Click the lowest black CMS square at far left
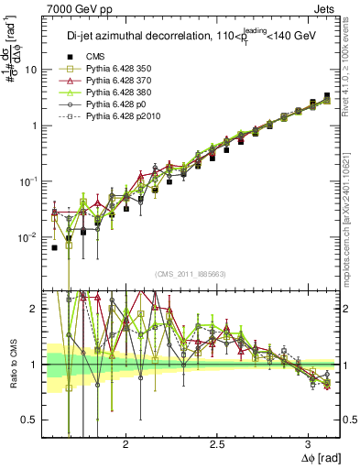point(54,247)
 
